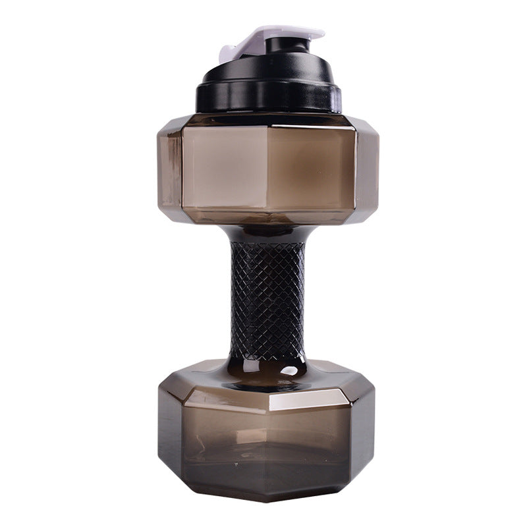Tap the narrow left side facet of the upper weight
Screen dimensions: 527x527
tap(169, 168)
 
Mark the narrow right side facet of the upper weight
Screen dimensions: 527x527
tap(368, 168)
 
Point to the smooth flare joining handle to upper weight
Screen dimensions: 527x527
tap(266, 232)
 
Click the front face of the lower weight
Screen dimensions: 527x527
tap(270, 448)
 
